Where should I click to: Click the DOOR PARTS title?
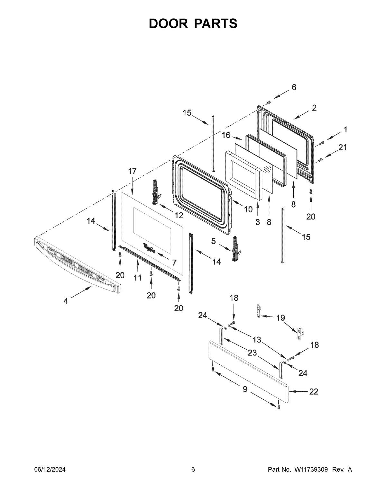click(x=193, y=23)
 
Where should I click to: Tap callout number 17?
click(x=132, y=171)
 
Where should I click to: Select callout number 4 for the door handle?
click(x=66, y=301)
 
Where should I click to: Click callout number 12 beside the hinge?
click(x=179, y=215)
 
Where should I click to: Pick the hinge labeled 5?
click(x=237, y=249)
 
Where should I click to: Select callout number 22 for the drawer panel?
click(x=313, y=391)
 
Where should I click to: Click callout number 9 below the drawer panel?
click(x=245, y=389)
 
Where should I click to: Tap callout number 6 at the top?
click(x=294, y=87)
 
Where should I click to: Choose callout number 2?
click(x=314, y=108)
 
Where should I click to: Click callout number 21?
click(x=343, y=147)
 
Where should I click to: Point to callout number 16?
click(x=226, y=135)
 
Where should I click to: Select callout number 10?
click(x=248, y=209)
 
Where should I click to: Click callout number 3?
click(x=258, y=222)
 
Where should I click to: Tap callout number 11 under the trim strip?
click(x=138, y=278)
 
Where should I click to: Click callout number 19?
click(x=280, y=318)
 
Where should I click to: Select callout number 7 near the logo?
click(x=174, y=262)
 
